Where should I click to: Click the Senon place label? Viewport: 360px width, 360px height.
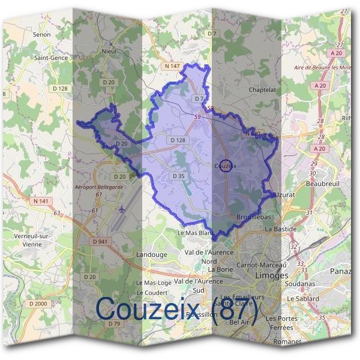click(x=43, y=35)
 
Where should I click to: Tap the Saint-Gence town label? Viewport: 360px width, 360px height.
click(x=51, y=58)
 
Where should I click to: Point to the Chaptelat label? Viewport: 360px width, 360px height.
click(x=262, y=89)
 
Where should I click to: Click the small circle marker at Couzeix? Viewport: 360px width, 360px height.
click(x=226, y=165)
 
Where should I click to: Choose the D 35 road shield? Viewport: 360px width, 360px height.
click(x=178, y=176)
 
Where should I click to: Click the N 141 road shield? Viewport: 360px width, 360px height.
click(x=40, y=200)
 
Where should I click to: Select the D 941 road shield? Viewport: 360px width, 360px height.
click(x=100, y=241)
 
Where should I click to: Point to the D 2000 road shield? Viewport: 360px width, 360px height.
click(x=37, y=304)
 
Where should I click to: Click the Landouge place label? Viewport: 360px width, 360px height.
click(x=152, y=254)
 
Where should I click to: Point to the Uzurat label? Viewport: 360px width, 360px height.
click(x=284, y=196)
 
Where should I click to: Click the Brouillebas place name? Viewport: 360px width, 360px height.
click(x=255, y=216)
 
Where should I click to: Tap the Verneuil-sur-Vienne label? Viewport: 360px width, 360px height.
click(x=28, y=240)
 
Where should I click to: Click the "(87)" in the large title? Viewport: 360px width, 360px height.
click(x=235, y=310)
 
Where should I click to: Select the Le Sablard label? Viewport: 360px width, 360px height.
click(x=304, y=298)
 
